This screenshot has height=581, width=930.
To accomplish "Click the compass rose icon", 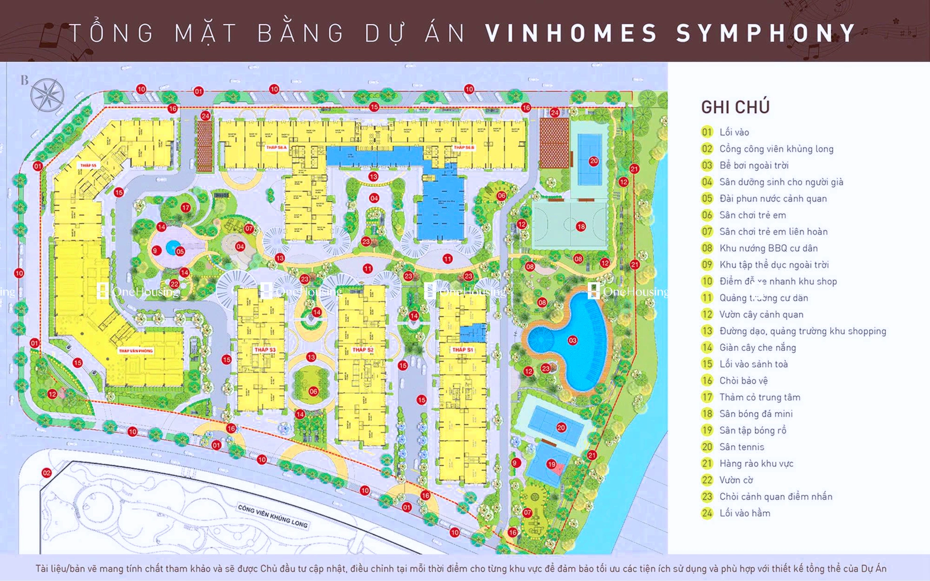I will [47, 94].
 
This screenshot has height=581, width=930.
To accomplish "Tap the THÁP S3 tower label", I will [265, 350].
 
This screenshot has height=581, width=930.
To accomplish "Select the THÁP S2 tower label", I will [363, 350].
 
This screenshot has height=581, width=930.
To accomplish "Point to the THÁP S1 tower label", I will [462, 350].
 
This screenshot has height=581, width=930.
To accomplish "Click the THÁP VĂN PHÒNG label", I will [136, 351].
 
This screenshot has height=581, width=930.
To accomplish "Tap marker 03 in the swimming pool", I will [572, 341].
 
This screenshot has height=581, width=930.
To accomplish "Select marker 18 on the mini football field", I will [581, 226].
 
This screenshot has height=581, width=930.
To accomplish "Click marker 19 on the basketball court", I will [551, 464].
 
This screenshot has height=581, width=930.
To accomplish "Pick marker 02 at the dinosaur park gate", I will [46, 473].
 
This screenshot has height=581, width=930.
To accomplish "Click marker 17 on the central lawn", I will [185, 208].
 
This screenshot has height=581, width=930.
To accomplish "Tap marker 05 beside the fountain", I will [180, 252].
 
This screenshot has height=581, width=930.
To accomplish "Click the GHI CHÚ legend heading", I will [735, 107].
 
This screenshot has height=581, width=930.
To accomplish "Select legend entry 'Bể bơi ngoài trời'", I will [754, 165].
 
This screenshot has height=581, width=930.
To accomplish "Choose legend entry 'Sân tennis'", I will [742, 447].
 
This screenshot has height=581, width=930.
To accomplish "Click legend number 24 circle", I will [707, 513].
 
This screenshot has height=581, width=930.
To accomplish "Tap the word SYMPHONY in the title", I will [766, 33].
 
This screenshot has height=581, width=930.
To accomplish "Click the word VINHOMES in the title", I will [571, 33].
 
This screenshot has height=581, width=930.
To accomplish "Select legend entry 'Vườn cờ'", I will [736, 480].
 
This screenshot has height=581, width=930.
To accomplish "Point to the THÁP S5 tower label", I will [88, 165].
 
